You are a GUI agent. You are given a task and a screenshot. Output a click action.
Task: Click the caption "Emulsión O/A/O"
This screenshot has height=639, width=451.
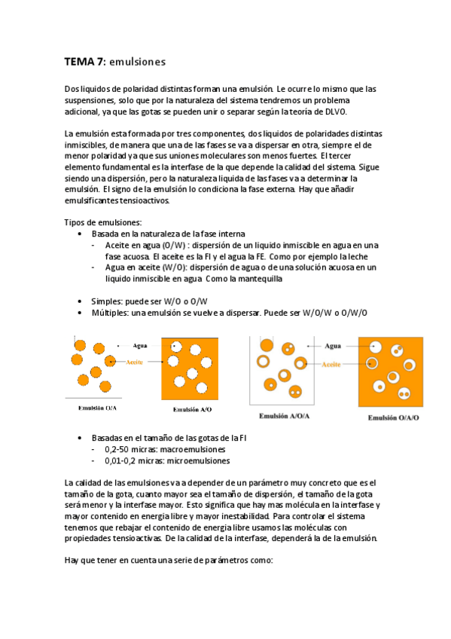(x=393, y=417)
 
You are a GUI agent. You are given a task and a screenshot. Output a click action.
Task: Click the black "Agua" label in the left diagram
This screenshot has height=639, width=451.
(x=139, y=346)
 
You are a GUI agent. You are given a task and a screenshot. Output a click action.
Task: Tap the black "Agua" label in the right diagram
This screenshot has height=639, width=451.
(x=333, y=347)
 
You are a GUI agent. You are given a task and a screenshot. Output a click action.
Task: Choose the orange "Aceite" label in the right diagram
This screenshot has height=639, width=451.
(x=332, y=364)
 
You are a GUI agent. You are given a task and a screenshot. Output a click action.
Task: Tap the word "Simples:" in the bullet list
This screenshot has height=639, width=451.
(x=108, y=301)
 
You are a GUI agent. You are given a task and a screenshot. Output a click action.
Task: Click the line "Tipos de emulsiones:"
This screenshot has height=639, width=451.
(x=103, y=222)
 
